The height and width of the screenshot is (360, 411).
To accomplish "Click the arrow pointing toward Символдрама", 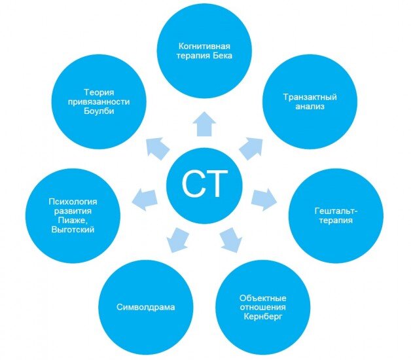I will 175,241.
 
